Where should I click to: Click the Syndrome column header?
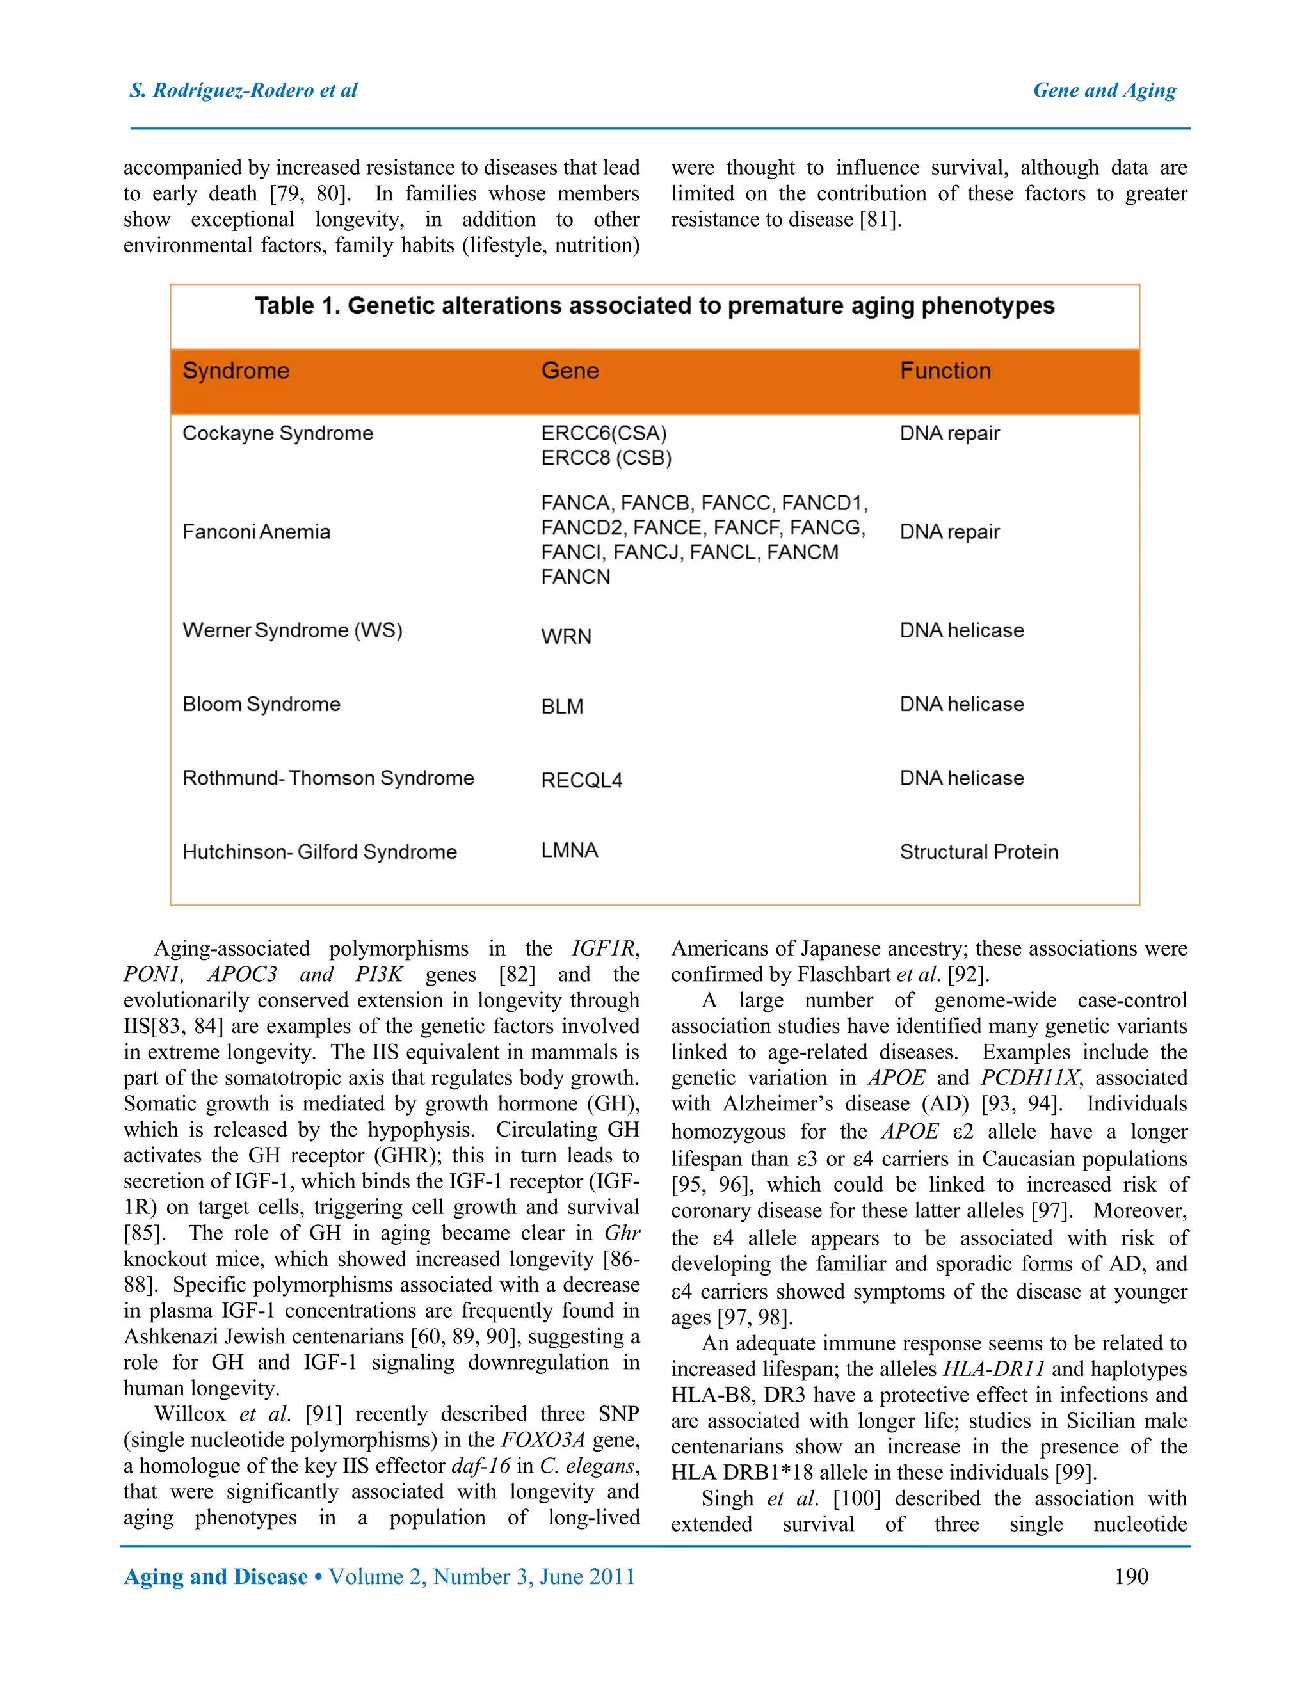[236, 371]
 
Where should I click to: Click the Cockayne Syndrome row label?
[277, 433]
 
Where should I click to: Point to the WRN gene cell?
[566, 637]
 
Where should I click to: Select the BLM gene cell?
[561, 707]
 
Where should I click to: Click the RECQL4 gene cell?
[581, 780]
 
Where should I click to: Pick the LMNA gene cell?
[569, 851]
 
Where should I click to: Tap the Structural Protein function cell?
[978, 852]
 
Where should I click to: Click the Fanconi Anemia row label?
[256, 532]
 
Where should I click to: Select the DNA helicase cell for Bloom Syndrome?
[961, 705]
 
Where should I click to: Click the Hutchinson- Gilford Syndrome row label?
[319, 852]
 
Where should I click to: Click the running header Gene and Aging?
[1104, 91]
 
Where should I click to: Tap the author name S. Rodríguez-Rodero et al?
[243, 91]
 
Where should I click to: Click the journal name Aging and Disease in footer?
[216, 1577]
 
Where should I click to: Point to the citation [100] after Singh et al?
[857, 1498]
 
